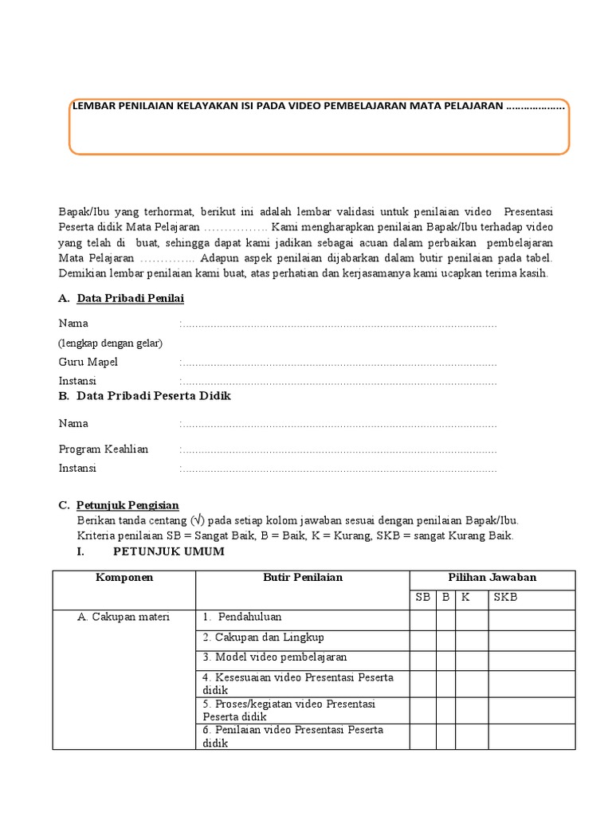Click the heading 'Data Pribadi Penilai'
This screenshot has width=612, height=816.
[x=131, y=299]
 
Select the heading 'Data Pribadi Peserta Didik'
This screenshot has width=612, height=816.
[x=154, y=396]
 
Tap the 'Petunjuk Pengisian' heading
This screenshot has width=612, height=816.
[x=127, y=505]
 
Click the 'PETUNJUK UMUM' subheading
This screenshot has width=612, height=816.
[x=169, y=551]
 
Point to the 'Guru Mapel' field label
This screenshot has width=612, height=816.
[x=88, y=362]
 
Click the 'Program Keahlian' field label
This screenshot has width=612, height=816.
[x=104, y=449]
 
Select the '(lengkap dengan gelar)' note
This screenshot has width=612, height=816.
[x=110, y=343]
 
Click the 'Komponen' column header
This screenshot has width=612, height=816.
[x=124, y=578]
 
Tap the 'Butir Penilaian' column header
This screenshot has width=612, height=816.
[x=303, y=578]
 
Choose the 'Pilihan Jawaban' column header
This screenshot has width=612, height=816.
[x=492, y=578]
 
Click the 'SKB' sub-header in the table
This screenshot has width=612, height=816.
[x=505, y=598]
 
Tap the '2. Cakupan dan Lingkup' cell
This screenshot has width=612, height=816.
[x=263, y=637]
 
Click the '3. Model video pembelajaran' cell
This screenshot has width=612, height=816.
[x=275, y=657]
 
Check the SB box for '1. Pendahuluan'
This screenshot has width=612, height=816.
[x=422, y=619]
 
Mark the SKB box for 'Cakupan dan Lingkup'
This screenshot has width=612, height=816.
[x=531, y=639]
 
